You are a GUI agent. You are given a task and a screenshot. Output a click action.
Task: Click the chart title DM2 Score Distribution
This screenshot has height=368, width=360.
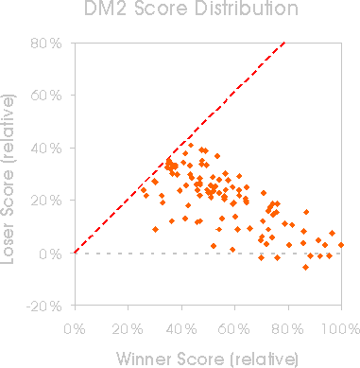[x=191, y=8]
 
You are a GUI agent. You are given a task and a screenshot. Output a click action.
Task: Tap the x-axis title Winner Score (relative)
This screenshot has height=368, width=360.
[x=208, y=359]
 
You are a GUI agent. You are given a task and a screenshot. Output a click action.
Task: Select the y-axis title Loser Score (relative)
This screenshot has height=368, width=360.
[x=8, y=179]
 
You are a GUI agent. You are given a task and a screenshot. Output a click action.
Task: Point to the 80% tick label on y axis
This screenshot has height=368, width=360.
[x=46, y=44]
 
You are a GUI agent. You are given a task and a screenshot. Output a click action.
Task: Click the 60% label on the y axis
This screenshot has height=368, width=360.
[x=46, y=96]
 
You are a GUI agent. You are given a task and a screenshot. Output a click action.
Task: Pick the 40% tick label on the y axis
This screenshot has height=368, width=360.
[x=46, y=148]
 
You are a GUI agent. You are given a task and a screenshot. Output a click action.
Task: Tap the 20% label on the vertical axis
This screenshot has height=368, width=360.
[x=46, y=201]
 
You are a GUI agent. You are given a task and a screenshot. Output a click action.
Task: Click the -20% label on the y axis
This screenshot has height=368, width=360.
[x=44, y=306]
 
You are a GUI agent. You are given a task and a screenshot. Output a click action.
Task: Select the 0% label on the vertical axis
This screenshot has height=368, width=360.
[x=50, y=254]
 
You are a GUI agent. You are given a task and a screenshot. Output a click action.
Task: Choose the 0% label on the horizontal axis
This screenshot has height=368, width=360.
[x=75, y=329]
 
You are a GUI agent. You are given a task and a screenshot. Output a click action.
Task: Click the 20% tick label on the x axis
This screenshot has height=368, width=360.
[x=128, y=329]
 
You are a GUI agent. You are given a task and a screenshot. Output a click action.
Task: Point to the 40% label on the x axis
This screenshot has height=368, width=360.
[x=181, y=329]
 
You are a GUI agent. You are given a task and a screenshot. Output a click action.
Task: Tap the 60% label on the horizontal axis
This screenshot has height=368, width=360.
[x=234, y=329]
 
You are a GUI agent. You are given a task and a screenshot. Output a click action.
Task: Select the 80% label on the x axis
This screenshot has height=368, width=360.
[x=288, y=329]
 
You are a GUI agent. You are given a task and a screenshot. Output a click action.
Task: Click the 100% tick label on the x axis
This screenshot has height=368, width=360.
[x=341, y=329]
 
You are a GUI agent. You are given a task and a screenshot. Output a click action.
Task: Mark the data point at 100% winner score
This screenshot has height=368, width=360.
[x=341, y=245]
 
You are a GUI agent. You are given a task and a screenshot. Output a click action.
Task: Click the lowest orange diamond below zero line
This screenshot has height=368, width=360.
[x=305, y=267]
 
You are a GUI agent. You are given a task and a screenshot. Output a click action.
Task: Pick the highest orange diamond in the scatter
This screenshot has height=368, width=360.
[x=191, y=145]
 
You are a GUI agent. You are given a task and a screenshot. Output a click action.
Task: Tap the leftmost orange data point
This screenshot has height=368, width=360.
[x=144, y=190]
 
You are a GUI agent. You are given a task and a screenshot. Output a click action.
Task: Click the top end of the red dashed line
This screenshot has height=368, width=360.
[x=284, y=42]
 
